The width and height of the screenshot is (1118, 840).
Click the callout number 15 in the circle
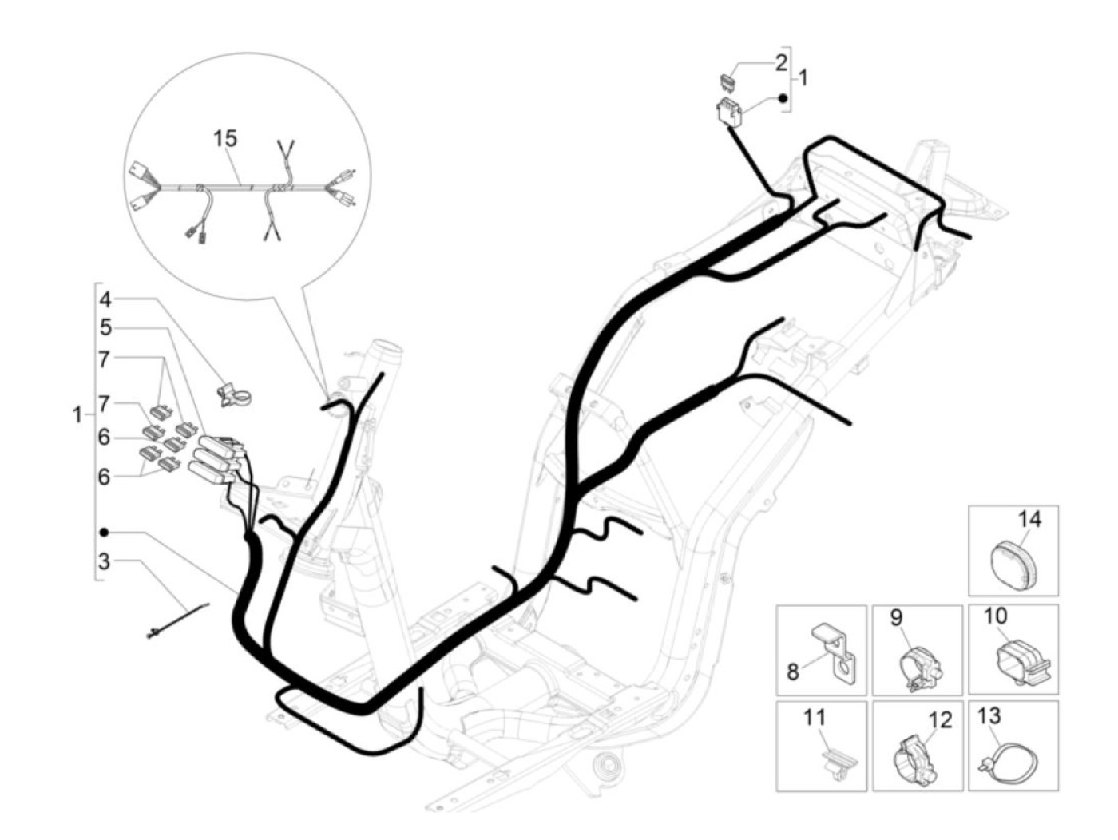click(x=225, y=138)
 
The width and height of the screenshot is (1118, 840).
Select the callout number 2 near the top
click(x=781, y=62)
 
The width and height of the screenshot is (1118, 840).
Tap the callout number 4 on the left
click(x=105, y=300)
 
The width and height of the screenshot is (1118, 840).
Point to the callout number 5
click(x=105, y=327)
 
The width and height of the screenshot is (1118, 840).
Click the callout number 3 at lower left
click(x=105, y=561)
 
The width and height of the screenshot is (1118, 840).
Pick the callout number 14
click(x=1029, y=520)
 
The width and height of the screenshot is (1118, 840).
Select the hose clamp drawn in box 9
click(x=918, y=668)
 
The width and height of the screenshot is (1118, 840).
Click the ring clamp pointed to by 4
click(x=232, y=394)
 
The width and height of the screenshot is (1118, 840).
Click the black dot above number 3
click(x=104, y=532)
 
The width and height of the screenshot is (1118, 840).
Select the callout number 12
click(x=941, y=721)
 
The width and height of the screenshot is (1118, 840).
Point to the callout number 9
click(x=896, y=617)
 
